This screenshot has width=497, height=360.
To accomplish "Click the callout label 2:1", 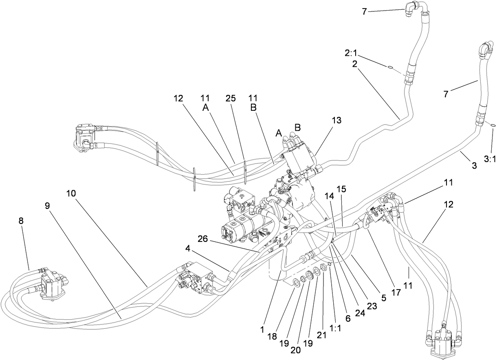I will click(x=352, y=53).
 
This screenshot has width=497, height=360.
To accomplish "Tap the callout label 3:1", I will click(x=490, y=160).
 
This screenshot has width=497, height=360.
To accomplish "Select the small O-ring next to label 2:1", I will click(x=390, y=68).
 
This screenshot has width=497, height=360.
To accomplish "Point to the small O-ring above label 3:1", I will click(x=493, y=125).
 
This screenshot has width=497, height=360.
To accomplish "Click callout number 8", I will click(x=21, y=221).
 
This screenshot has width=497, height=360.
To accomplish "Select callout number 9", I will click(x=48, y=206).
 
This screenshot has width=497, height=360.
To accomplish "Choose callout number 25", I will click(x=231, y=98).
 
